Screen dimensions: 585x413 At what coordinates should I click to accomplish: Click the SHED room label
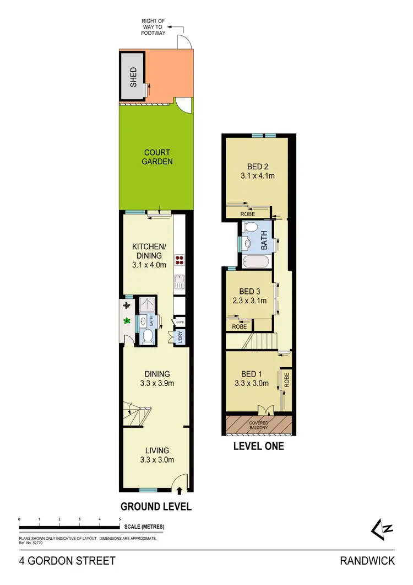pyautogui.click(x=132, y=78)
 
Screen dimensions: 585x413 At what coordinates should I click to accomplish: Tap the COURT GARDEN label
pyautogui.click(x=157, y=157)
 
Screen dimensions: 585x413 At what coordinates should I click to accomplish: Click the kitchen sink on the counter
pyautogui.click(x=179, y=283)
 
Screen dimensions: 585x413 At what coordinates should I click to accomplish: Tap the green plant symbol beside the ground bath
pyautogui.click(x=128, y=320)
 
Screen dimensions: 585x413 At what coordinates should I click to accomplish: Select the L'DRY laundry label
pyautogui.click(x=178, y=337)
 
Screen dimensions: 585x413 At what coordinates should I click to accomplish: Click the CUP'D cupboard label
pyautogui.click(x=180, y=321)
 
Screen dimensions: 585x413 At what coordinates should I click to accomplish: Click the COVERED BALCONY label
pyautogui.click(x=258, y=426)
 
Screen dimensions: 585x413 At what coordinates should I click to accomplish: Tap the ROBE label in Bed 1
pyautogui.click(x=286, y=379)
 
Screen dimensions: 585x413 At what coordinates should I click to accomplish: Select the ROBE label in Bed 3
pyautogui.click(x=239, y=326)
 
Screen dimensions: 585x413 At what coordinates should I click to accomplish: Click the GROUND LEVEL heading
pyautogui.click(x=156, y=507)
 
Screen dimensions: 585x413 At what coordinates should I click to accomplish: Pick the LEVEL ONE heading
pyautogui.click(x=259, y=446)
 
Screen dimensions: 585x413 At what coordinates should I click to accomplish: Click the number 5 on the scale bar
pyautogui.click(x=120, y=519)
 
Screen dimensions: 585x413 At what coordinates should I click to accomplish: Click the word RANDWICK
pyautogui.click(x=367, y=561)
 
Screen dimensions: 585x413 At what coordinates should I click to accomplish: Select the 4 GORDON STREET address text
pyautogui.click(x=67, y=561)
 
